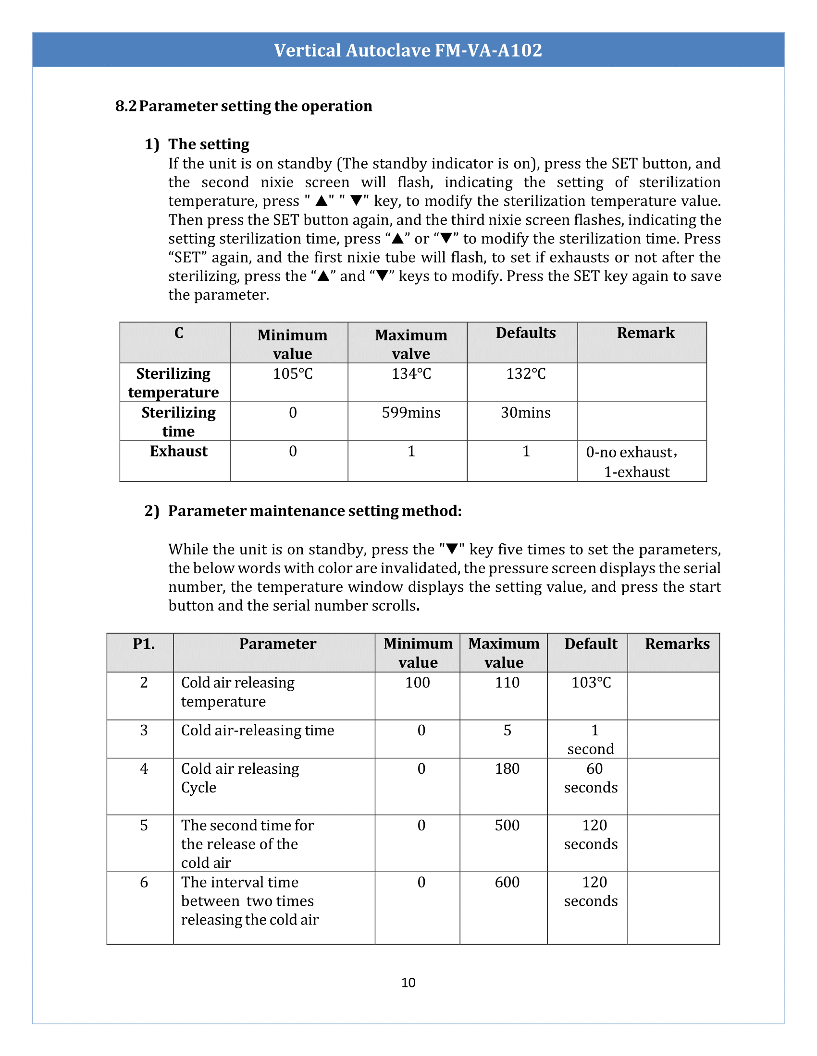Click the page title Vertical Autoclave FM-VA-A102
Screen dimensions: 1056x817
pyautogui.click(x=408, y=50)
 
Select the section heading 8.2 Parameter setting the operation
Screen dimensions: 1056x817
pyautogui.click(x=244, y=106)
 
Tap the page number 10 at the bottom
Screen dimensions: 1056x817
pyautogui.click(x=408, y=982)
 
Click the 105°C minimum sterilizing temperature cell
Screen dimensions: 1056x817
pyautogui.click(x=292, y=374)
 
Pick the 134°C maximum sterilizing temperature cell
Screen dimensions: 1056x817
pyautogui.click(x=411, y=374)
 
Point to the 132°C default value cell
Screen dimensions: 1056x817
pyautogui.click(x=526, y=374)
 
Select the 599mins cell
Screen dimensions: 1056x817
pyautogui.click(x=411, y=412)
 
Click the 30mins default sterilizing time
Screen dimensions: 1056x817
pyautogui.click(x=526, y=412)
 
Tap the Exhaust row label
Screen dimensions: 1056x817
pyautogui.click(x=179, y=451)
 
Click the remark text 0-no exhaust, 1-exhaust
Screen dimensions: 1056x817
pyautogui.click(x=636, y=462)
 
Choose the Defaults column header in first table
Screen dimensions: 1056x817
pyautogui.click(x=526, y=333)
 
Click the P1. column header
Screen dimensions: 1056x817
pyautogui.click(x=144, y=644)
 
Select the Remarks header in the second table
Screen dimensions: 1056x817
pyautogui.click(x=677, y=644)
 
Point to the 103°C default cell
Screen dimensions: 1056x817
pyautogui.click(x=591, y=682)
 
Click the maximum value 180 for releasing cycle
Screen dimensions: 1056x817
pyautogui.click(x=507, y=768)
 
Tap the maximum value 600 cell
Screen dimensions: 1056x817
pyautogui.click(x=507, y=882)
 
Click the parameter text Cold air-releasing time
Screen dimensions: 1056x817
pyautogui.click(x=258, y=730)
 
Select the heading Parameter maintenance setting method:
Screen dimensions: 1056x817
pyautogui.click(x=315, y=511)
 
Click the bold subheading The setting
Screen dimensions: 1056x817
pyautogui.click(x=209, y=144)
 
